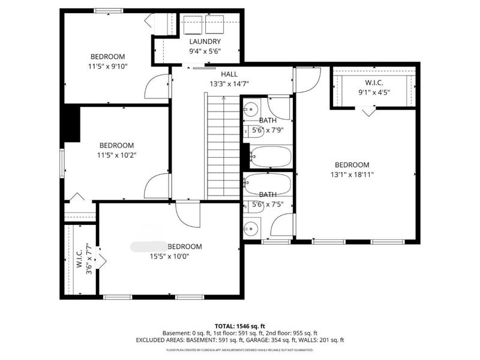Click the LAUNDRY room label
click(204, 41)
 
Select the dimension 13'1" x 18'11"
click(352, 175)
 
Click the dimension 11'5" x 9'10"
click(107, 66)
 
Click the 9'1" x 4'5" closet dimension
click(374, 92)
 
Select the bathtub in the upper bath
click(270, 157)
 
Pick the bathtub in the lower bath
click(268, 184)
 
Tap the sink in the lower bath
click(251, 228)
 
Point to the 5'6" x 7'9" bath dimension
click(267, 130)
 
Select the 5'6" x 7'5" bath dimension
click(267, 205)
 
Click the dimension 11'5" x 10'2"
click(116, 155)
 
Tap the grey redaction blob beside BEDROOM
click(148, 246)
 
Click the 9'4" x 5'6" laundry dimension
click(205, 51)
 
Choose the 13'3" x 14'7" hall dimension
click(229, 84)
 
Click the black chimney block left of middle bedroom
click(71, 124)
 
